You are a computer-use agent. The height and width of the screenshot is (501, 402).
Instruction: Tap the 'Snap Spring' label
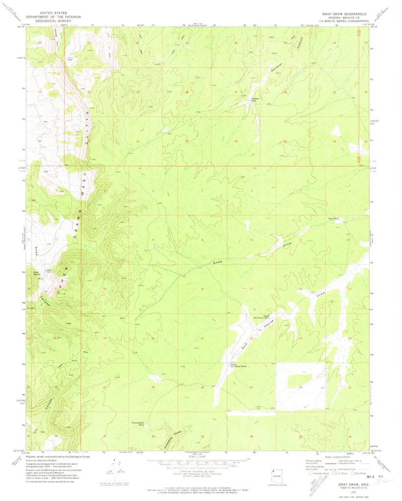(36, 273)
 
